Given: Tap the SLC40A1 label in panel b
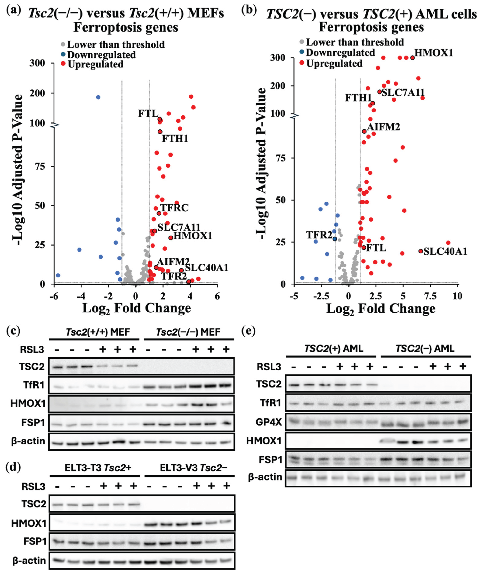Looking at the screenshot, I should click(445, 251).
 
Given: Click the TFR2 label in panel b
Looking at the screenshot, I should click(319, 235).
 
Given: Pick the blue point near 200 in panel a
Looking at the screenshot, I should click(98, 97).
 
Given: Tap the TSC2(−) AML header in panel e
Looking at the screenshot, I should click(425, 349).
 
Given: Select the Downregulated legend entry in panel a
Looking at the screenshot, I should click(101, 55).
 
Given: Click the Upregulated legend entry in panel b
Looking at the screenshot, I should click(334, 64).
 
